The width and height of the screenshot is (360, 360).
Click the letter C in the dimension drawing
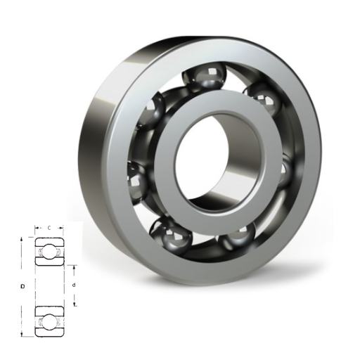click(x=49, y=228)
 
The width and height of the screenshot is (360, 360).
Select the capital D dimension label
click(x=22, y=286)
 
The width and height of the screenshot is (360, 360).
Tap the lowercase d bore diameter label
click(x=74, y=285)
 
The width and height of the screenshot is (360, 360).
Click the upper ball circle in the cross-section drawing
click(x=49, y=252)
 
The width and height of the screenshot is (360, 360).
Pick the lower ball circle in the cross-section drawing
click(x=49, y=321)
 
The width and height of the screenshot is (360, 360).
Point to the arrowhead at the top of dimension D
click(x=22, y=240)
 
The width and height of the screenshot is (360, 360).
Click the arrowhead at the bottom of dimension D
click(x=22, y=334)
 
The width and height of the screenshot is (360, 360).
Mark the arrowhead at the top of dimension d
click(x=75, y=267)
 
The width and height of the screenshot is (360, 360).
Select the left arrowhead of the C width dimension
click(x=37, y=228)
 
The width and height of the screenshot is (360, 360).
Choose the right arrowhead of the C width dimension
click(x=61, y=228)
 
